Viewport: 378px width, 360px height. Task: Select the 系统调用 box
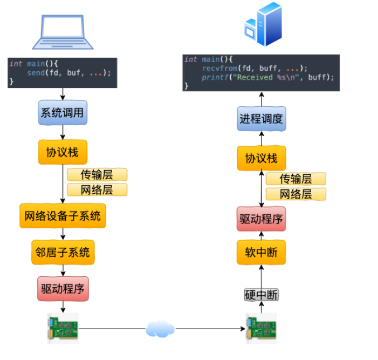coord(63,113)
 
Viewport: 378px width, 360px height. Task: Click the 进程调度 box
coord(262,119)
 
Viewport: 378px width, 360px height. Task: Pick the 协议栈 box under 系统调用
coord(63,152)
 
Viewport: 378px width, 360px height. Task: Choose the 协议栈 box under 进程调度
coord(262,158)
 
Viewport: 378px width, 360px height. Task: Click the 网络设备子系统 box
coord(63,216)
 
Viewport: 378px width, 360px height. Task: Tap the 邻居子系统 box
coord(63,252)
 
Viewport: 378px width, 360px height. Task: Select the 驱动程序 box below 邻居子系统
coord(63,288)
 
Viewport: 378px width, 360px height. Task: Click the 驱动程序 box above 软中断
coord(262,219)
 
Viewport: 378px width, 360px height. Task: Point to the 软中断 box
coord(262,252)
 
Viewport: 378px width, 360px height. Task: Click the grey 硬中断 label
coord(262,295)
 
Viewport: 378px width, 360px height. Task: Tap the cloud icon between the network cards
coord(160,328)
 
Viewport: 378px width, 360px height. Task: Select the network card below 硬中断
coord(262,328)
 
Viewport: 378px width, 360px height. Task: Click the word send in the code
coord(37,73)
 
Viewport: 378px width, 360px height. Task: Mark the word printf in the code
coord(214,77)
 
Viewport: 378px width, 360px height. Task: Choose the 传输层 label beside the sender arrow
coord(97,174)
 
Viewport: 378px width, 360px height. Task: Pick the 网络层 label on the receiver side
coord(296,194)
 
